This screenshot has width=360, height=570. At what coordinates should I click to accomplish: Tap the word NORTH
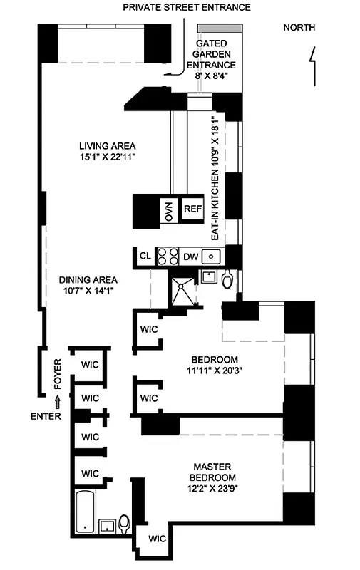[299, 28]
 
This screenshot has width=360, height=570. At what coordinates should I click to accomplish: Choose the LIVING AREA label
[108, 152]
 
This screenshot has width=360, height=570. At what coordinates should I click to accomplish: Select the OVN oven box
[169, 210]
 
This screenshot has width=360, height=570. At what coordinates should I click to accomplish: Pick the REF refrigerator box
[192, 209]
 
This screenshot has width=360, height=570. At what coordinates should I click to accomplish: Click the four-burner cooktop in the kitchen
[168, 256]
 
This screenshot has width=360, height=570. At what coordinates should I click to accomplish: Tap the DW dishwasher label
[190, 256]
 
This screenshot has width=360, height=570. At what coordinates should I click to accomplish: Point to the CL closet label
[145, 256]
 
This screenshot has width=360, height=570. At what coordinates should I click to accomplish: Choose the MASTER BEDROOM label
[212, 482]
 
